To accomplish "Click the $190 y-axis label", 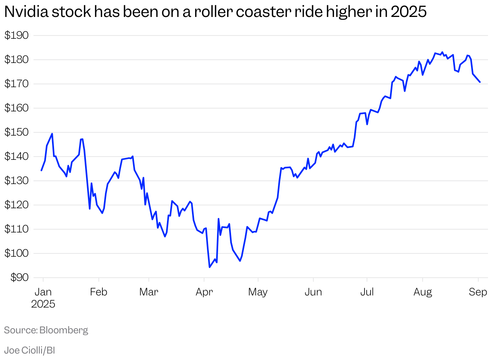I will [17, 36].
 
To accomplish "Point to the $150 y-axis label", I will [17, 132].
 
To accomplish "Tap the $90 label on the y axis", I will [19, 278].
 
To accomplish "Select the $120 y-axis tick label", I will [17, 205].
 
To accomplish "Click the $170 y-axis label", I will [17, 84].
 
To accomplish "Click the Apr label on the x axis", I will [204, 292].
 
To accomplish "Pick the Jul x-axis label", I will [367, 292].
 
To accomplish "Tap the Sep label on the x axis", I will [478, 292].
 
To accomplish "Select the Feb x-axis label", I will [98, 292].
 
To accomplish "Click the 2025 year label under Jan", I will [43, 304].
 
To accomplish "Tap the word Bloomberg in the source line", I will [64, 330].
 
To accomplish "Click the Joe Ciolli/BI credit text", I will [29, 350].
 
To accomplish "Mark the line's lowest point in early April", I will [210, 267].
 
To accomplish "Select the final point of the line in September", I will [480, 82].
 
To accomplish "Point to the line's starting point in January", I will [41, 170].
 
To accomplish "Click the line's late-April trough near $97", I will [240, 261].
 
